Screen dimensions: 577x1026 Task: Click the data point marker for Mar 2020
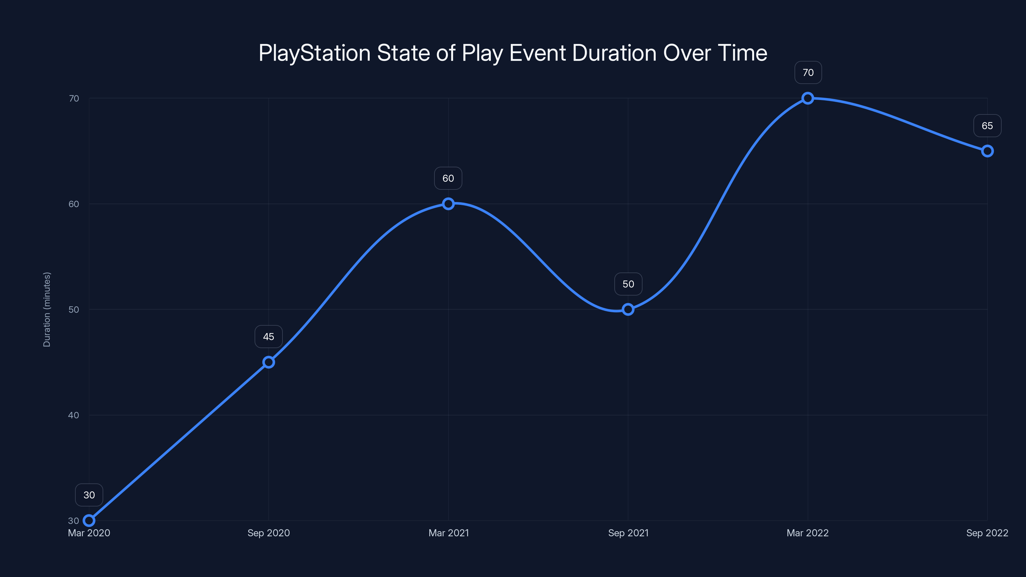pyautogui.click(x=89, y=521)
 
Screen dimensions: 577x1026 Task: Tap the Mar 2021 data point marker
pyautogui.click(x=448, y=204)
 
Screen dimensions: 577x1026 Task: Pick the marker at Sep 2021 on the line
pyautogui.click(x=628, y=309)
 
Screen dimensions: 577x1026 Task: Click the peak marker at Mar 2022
pyautogui.click(x=807, y=98)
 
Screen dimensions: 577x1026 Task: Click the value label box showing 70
pyautogui.click(x=808, y=72)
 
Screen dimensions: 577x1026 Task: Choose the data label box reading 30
pyautogui.click(x=89, y=495)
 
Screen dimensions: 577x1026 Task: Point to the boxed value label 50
pyautogui.click(x=628, y=284)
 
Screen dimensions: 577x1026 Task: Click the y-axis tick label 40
pyautogui.click(x=74, y=415)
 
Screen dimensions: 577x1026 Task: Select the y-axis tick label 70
pyautogui.click(x=74, y=98)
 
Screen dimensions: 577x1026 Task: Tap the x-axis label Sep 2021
pyautogui.click(x=628, y=533)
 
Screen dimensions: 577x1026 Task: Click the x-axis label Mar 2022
pyautogui.click(x=807, y=533)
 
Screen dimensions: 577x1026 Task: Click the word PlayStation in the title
pyautogui.click(x=314, y=53)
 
